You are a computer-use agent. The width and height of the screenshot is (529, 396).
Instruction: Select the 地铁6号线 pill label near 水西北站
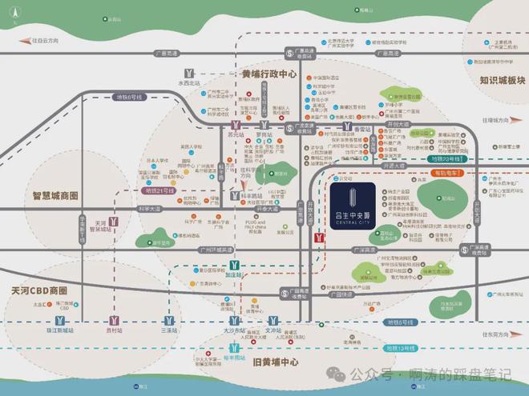coord(127,97)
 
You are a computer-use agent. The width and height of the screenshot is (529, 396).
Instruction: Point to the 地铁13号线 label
coord(398,349)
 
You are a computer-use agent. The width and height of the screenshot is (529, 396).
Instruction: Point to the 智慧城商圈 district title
coord(55,195)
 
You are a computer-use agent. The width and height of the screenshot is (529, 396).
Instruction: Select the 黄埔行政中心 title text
coord(269,74)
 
